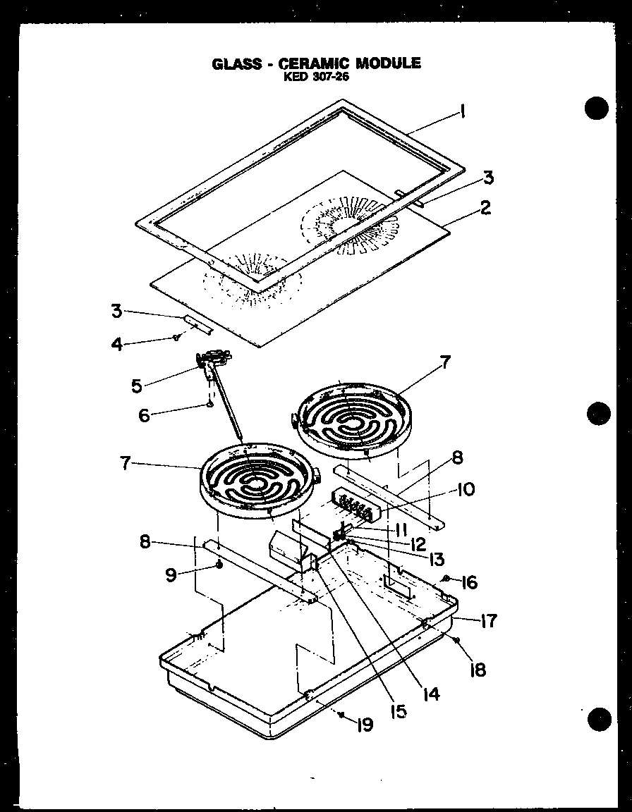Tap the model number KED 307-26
pos(316,77)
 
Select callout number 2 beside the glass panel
pos(485,208)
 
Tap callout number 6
pos(145,416)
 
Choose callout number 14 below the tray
pos(432,694)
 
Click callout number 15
pos(399,711)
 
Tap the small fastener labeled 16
pos(446,579)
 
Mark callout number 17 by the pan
pos(488,621)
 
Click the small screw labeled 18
pos(457,640)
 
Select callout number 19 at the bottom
pos(365,725)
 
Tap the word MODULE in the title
pos(388,63)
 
